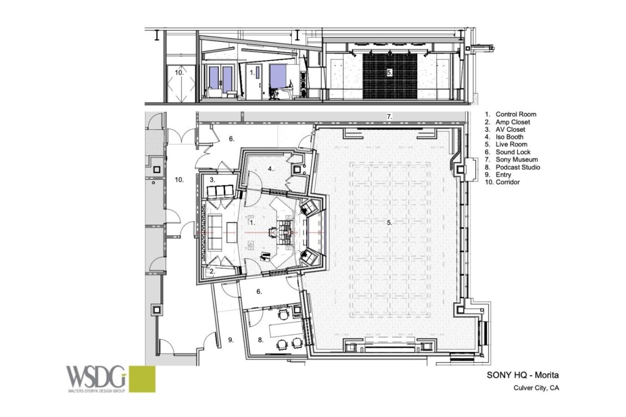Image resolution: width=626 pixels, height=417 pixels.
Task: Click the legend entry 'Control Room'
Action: [515, 114]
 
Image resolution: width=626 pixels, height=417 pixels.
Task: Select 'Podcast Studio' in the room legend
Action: [517, 167]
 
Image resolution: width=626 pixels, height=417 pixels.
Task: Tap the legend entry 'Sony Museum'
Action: [516, 160]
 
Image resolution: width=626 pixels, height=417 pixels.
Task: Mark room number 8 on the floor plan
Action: [261, 339]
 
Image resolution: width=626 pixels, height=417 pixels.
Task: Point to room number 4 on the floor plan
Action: [270, 168]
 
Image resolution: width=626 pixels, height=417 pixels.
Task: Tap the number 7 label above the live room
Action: [389, 116]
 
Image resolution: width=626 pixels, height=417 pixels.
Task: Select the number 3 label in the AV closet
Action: [212, 179]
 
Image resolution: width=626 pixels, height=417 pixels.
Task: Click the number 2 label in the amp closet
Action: [212, 271]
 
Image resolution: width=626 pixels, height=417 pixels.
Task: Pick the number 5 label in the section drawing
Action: [389, 72]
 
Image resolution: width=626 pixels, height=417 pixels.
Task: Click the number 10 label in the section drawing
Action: [178, 73]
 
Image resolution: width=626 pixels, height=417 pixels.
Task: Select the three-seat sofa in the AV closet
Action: [219, 191]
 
